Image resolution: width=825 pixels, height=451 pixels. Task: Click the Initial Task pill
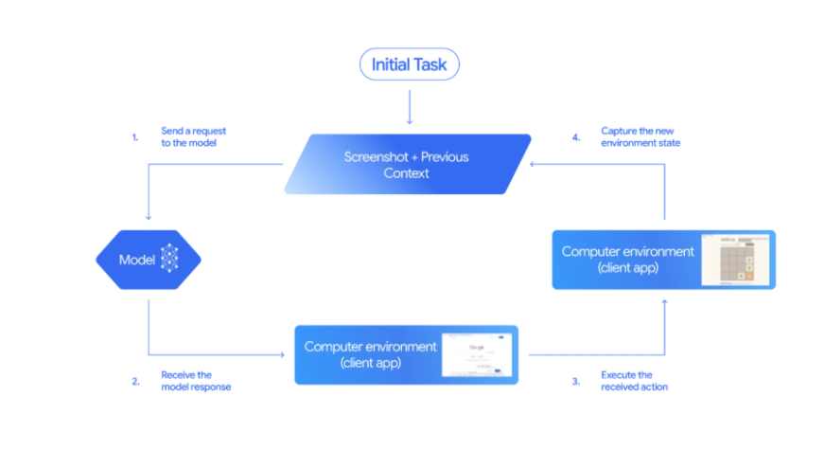409,64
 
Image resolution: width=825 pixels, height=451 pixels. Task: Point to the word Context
407,173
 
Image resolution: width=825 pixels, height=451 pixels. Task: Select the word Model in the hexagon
136,260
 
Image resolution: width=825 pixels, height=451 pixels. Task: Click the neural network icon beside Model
170,259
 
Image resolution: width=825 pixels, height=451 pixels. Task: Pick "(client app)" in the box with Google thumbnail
371,363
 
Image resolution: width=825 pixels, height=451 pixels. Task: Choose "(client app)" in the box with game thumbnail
628,268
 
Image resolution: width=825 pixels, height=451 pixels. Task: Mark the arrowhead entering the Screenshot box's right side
534,164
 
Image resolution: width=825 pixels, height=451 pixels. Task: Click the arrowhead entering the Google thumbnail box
284,354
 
